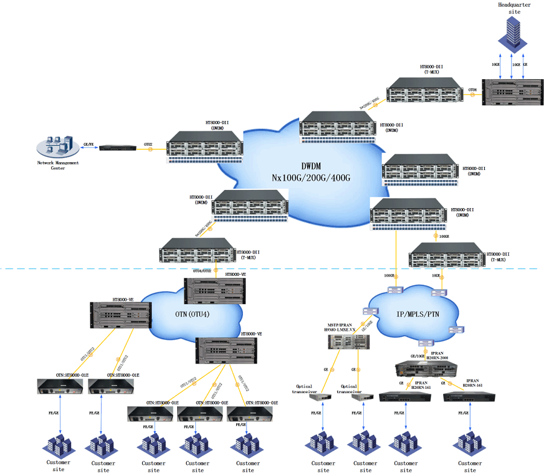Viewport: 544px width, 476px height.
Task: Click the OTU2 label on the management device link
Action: [148, 145]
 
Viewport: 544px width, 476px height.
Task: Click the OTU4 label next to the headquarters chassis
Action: [473, 90]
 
